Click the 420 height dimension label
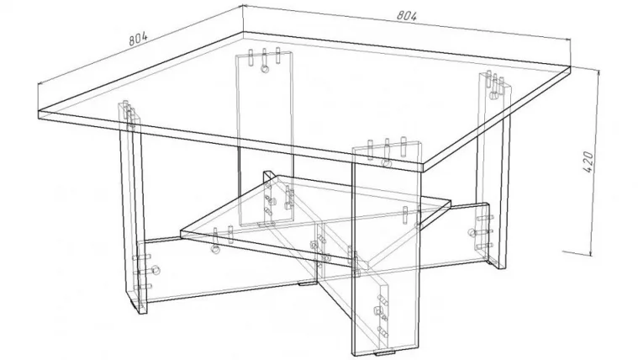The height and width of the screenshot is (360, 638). (x=588, y=161)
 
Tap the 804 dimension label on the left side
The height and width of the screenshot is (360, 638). (x=138, y=39)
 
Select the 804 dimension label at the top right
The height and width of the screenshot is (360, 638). (x=407, y=15)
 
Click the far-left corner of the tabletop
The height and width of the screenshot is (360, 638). (x=39, y=110)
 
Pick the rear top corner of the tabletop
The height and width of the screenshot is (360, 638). (x=243, y=32)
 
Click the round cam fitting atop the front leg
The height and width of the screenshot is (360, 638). (x=386, y=163)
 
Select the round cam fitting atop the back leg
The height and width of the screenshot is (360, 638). (x=265, y=69)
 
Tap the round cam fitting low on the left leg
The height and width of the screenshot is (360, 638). (x=156, y=269)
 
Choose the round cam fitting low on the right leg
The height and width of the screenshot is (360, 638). (x=472, y=233)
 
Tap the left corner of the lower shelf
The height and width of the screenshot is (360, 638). (x=181, y=232)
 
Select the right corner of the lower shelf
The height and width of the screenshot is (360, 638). (x=451, y=201)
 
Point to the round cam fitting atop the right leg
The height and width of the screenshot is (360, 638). (x=493, y=96)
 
